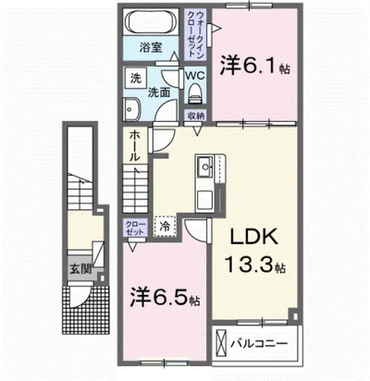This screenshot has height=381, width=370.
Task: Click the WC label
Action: pos(195,75)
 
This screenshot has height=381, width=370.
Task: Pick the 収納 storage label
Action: pos(195,116)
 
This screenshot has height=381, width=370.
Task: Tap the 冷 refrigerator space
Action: pos(165,225)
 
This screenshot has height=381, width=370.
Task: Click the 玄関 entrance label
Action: pos(80,269)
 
